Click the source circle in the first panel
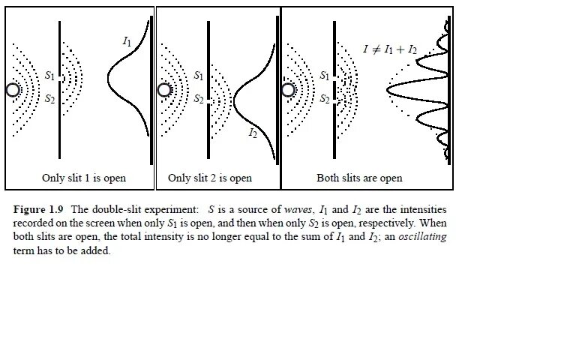(x=12, y=90)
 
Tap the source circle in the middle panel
(x=165, y=91)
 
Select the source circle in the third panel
(x=288, y=91)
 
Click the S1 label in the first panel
(x=49, y=76)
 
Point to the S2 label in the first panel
(x=49, y=99)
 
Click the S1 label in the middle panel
(x=199, y=76)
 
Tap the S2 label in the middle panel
(x=199, y=99)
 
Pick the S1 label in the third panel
(x=325, y=76)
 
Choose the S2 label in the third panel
(x=325, y=99)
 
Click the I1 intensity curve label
(x=127, y=42)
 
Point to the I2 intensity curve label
(x=253, y=133)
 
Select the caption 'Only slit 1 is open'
(x=84, y=178)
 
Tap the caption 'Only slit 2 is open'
(x=210, y=178)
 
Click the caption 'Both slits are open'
(x=359, y=178)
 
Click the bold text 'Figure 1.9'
(x=39, y=210)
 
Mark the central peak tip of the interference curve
(x=388, y=91)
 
